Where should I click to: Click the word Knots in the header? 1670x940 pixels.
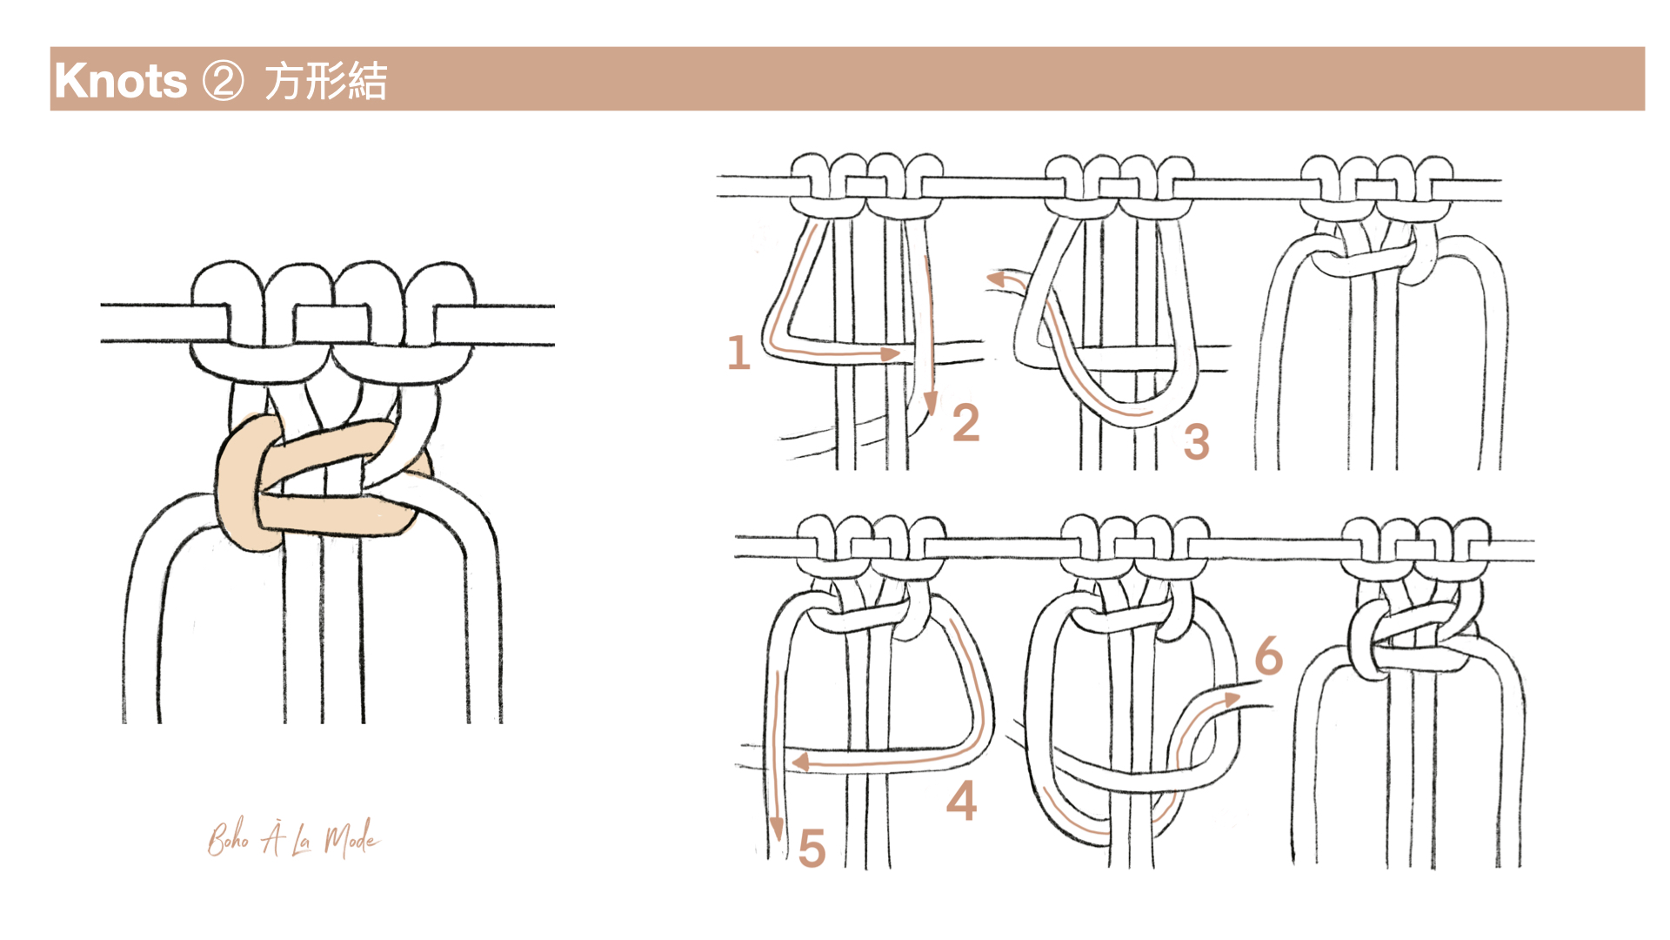[x=120, y=81]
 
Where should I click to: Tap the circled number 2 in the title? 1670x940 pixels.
[x=224, y=82]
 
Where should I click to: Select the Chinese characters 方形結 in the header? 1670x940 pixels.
[x=325, y=82]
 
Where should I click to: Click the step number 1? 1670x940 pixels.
[x=738, y=352]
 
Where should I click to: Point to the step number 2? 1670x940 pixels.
[x=965, y=423]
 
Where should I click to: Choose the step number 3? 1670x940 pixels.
[x=1197, y=441]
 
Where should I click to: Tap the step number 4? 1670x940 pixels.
[x=962, y=801]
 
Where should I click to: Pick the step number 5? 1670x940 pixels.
[x=812, y=848]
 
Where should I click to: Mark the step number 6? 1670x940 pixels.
[x=1269, y=655]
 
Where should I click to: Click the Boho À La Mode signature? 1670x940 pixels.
[x=293, y=838]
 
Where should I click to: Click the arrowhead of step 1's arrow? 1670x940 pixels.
[x=891, y=353]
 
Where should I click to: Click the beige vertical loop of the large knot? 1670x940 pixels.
[x=238, y=484]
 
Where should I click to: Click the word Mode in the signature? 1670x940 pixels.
[x=351, y=839]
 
